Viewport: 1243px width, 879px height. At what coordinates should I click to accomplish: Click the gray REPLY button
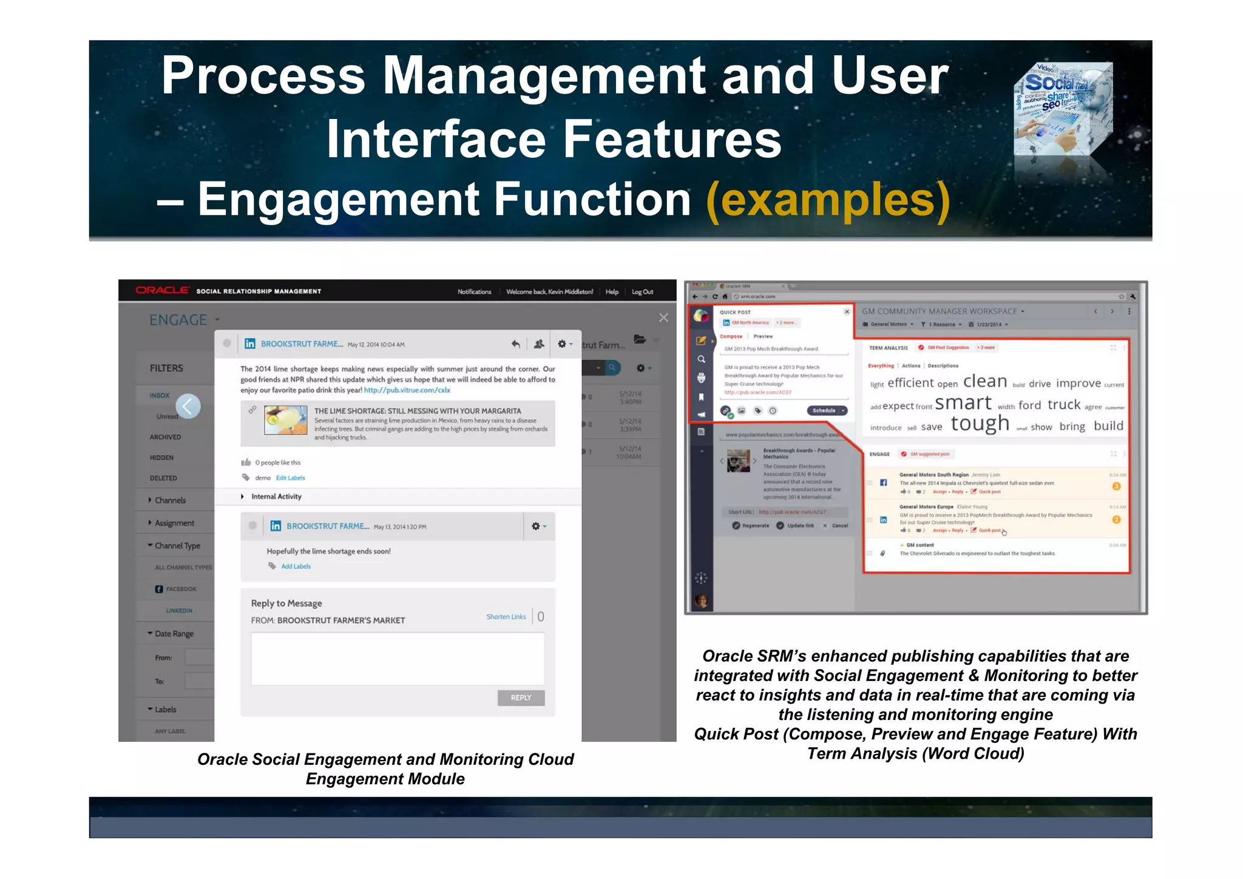(x=521, y=697)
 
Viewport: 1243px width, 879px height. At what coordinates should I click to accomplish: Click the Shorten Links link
(x=506, y=616)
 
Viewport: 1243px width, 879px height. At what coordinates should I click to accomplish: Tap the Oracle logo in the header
(x=162, y=291)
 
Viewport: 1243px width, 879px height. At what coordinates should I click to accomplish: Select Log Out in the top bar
(x=642, y=292)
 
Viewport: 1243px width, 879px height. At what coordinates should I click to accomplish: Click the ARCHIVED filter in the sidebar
(x=165, y=437)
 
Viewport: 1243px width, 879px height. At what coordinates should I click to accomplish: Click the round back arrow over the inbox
(x=188, y=406)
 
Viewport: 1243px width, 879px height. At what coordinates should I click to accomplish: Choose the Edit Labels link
(x=290, y=478)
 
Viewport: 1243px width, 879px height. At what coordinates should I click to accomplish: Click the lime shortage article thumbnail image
(x=286, y=420)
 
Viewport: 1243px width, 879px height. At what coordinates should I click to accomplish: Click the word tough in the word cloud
(x=980, y=423)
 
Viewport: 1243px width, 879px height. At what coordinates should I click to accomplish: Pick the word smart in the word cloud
(x=963, y=403)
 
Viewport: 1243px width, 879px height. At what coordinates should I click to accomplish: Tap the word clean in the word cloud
(x=984, y=381)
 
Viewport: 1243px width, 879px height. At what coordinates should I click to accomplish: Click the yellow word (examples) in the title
(x=828, y=199)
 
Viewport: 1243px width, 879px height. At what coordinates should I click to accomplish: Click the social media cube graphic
(x=1063, y=109)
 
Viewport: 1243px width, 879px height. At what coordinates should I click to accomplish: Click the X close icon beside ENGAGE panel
(x=663, y=317)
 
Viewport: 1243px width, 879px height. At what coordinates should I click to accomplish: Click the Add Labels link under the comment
(x=296, y=566)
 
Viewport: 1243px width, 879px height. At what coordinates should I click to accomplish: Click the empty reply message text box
(x=398, y=659)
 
